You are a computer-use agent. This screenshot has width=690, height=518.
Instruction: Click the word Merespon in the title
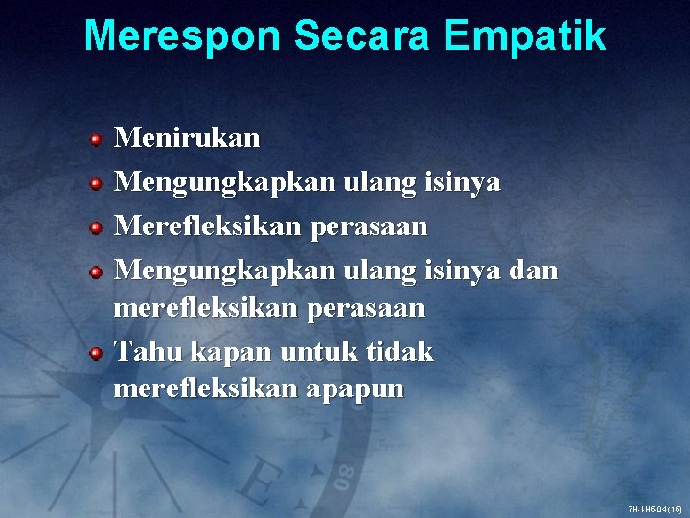point(183,36)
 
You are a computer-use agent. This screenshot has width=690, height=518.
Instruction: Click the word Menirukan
point(187,138)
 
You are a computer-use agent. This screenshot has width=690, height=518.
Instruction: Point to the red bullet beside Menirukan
point(97,140)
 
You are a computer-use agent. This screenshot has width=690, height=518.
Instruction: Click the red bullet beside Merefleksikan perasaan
point(97,228)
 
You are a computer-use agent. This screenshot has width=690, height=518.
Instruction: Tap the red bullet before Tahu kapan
point(97,354)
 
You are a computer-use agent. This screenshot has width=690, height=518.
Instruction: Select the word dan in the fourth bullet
point(533,271)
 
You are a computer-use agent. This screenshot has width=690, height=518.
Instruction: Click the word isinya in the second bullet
point(464,183)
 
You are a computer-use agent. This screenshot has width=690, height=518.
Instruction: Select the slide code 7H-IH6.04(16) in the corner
point(655,508)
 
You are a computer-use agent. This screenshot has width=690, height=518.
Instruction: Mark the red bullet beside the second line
point(97,184)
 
